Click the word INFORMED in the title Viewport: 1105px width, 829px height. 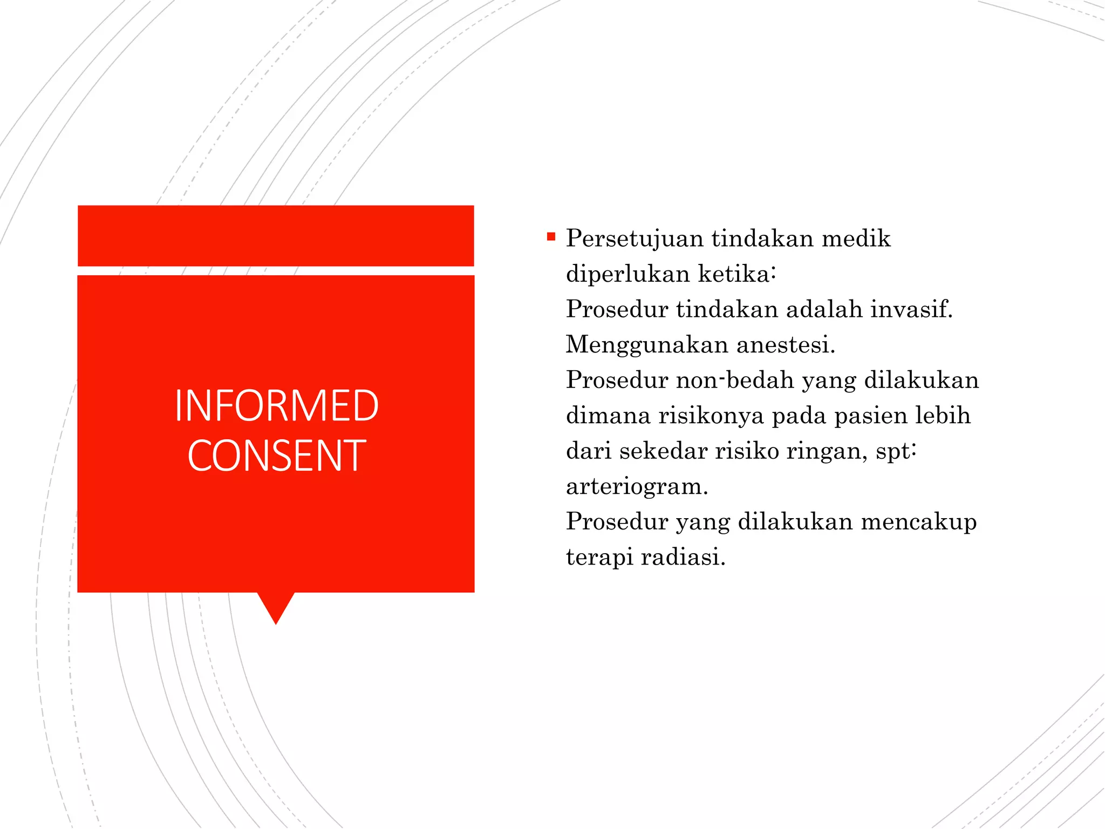(x=276, y=405)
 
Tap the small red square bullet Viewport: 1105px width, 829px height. (x=551, y=236)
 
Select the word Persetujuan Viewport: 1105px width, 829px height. (x=635, y=239)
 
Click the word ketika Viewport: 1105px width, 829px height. (x=734, y=274)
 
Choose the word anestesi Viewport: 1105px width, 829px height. (x=786, y=345)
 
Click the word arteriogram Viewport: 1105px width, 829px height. (x=637, y=487)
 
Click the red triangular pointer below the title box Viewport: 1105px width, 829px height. (x=276, y=607)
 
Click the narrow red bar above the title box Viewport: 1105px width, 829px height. (x=276, y=236)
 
